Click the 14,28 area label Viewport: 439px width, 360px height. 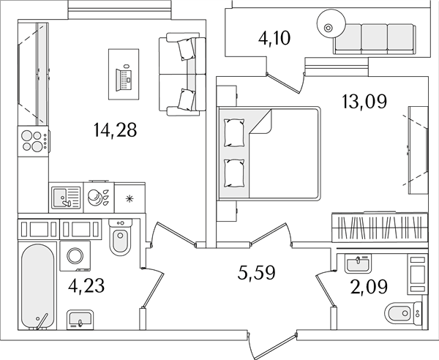pos(115,130)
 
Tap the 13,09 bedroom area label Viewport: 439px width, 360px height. pos(364,101)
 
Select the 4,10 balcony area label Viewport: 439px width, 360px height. pos(274,38)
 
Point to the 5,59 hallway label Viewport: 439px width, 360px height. pos(257,273)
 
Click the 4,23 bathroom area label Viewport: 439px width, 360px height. pos(86,286)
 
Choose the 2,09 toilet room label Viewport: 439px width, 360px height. pos(369,287)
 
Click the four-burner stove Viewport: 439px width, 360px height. pos(34,141)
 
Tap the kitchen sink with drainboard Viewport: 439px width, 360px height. pos(66,198)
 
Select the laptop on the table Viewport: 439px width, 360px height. pos(124,79)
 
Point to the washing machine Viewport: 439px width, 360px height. pos(75,256)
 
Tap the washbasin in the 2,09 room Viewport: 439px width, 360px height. pos(358,263)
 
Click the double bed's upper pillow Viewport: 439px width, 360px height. pos(234,132)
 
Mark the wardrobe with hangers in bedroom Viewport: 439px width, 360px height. pos(379,228)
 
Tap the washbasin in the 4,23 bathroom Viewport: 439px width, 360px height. pos(80,320)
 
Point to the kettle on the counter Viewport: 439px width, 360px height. pos(94,197)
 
